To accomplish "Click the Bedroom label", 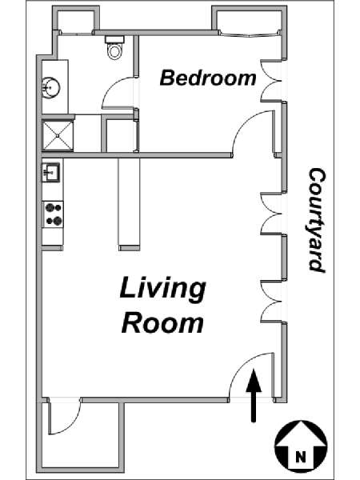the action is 208,78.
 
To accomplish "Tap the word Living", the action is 163,289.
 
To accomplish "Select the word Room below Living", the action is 162,323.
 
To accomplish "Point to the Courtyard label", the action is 317,219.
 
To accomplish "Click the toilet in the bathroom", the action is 114,47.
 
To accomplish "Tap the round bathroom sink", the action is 51,88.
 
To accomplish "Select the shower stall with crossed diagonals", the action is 58,136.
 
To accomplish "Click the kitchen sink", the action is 51,173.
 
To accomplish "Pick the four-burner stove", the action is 53,214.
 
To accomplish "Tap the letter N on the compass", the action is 301,457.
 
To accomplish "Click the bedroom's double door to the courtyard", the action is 270,81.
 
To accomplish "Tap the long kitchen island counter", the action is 129,202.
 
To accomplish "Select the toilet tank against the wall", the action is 114,39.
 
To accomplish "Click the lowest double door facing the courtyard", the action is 270,302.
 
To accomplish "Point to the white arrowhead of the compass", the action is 301,434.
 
